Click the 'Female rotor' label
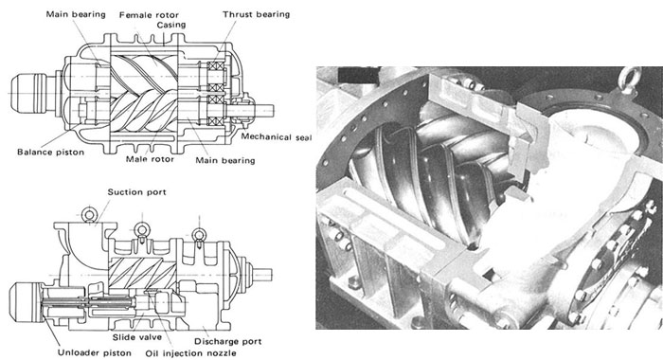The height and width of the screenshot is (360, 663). (149, 15)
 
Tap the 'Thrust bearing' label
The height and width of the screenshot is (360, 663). (257, 14)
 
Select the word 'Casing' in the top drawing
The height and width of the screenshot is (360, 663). (171, 25)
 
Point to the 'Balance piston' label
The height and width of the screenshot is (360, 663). (51, 152)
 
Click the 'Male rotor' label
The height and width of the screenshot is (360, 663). (150, 159)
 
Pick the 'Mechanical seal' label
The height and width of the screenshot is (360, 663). (277, 137)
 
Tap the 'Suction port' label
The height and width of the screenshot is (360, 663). (136, 192)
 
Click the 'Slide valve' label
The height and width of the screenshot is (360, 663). (137, 337)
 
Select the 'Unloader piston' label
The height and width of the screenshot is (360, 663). (95, 352)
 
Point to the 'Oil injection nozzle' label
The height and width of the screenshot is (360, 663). (190, 353)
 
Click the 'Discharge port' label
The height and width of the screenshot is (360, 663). (228, 341)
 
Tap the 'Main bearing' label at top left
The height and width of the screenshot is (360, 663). (76, 14)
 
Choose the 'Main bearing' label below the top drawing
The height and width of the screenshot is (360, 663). (225, 160)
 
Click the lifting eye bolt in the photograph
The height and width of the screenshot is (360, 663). (630, 80)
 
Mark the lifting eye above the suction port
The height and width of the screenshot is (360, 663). (89, 215)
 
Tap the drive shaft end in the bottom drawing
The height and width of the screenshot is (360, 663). (262, 275)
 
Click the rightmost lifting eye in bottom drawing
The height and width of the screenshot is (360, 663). (199, 235)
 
